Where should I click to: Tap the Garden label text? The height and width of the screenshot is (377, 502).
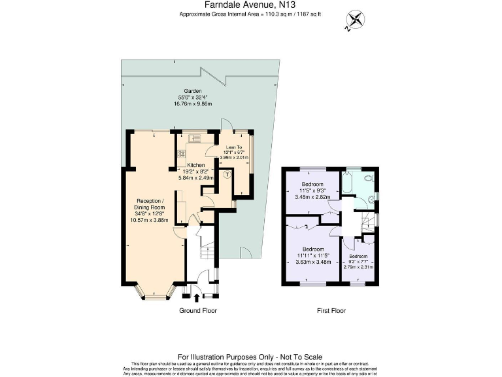click(x=192, y=91)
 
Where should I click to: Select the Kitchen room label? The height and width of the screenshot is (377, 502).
click(x=196, y=165)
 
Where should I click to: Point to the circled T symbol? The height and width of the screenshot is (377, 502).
click(x=227, y=175)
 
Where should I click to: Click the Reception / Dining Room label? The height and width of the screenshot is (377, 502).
click(x=152, y=204)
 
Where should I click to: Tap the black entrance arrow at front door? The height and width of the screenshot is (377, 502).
click(x=197, y=300)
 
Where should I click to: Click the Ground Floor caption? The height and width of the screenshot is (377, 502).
click(x=198, y=311)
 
